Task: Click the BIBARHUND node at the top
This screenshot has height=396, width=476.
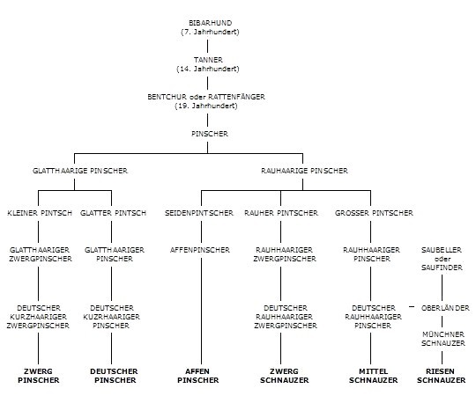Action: (210, 23)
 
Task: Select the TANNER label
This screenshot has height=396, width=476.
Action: (208, 60)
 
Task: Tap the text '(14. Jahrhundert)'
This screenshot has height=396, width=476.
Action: (208, 69)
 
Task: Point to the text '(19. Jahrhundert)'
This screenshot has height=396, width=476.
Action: (206, 106)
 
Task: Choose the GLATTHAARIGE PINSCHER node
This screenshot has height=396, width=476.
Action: (80, 171)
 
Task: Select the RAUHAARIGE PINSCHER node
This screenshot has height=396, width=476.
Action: (304, 171)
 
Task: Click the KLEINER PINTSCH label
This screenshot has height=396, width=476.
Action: (40, 213)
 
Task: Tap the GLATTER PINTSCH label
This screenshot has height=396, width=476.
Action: (113, 213)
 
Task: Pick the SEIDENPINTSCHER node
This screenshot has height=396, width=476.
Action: (199, 213)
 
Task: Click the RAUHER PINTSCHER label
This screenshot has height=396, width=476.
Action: (281, 213)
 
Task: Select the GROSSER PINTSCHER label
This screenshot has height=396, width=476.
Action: (374, 213)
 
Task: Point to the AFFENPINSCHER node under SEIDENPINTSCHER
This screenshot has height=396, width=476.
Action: (200, 250)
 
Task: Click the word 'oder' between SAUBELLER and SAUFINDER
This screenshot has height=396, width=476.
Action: (443, 259)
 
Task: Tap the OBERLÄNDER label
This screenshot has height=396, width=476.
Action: (445, 308)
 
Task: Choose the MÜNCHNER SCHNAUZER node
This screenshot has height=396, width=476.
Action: (443, 339)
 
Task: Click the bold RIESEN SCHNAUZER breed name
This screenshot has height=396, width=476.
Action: (441, 376)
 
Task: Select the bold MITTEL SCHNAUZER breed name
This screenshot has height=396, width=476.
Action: (374, 376)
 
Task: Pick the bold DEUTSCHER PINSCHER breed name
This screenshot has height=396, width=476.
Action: (115, 376)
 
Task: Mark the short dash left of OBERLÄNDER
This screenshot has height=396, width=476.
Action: (412, 307)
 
